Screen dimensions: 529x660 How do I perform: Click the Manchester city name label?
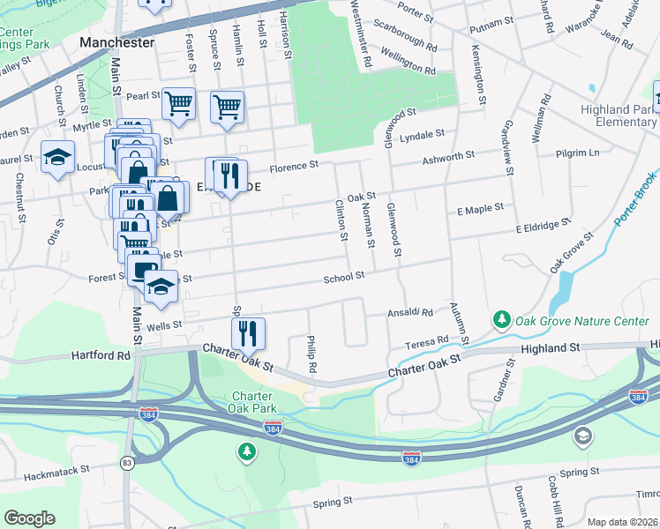coord(116,41)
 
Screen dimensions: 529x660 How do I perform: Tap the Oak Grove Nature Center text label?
coord(581,322)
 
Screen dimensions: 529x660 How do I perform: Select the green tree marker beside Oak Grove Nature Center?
coord(502,317)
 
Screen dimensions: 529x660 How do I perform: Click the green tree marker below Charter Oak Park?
coord(248,452)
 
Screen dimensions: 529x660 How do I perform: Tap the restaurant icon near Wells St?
coord(248,332)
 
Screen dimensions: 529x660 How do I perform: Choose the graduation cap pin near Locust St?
coord(57,158)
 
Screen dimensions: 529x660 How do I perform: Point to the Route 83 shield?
coord(128,463)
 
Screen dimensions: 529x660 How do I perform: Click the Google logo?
coord(29,518)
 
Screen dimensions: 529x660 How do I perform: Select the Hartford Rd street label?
coord(100,356)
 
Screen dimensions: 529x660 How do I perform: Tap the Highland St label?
coord(550,348)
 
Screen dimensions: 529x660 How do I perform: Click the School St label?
coord(343,277)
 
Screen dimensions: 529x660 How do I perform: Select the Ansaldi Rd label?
coord(411,312)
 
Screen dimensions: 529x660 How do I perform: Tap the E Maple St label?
coord(479,208)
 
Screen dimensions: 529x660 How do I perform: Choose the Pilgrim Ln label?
coord(578,153)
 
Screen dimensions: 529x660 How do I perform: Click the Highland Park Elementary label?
coord(618,116)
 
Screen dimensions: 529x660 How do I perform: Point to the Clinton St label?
coord(340,220)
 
